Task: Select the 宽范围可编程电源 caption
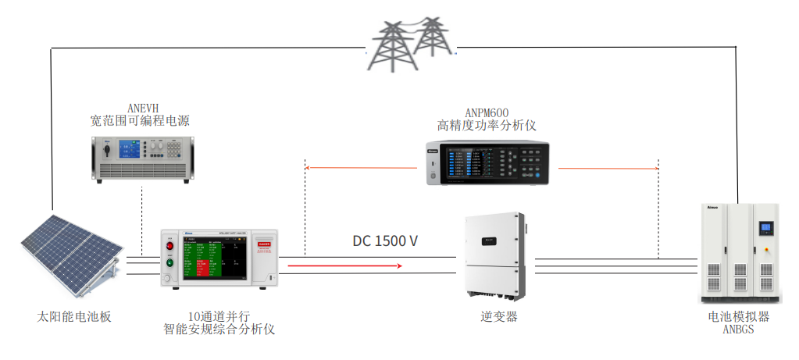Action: pyautogui.click(x=140, y=121)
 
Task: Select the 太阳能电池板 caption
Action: pyautogui.click(x=75, y=317)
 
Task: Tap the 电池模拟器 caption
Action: pyautogui.click(x=738, y=317)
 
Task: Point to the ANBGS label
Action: pyautogui.click(x=738, y=330)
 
